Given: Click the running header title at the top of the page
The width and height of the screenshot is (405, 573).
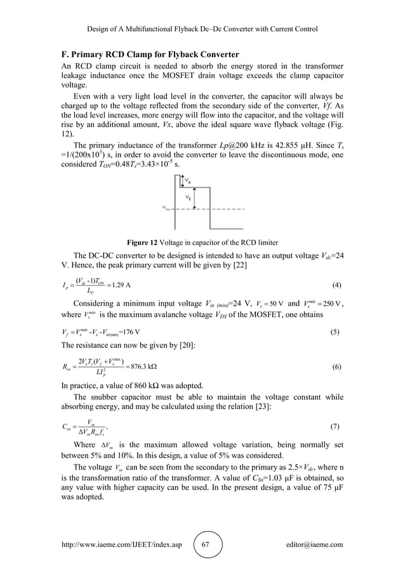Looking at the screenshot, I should coord(202,29).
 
